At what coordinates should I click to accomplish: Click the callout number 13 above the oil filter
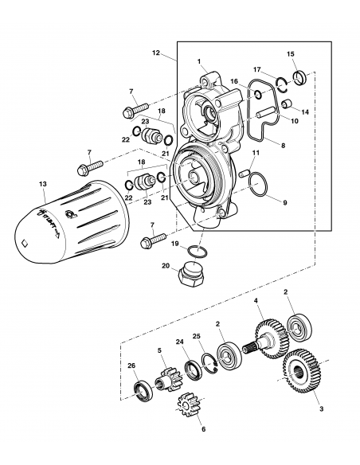42,183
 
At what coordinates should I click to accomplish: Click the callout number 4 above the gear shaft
256,301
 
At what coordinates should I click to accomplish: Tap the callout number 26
132,367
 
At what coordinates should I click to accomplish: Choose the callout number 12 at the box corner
156,54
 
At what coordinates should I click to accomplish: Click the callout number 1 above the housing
201,62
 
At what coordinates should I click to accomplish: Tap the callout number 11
255,151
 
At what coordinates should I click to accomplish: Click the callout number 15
291,54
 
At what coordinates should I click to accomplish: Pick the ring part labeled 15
300,78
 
